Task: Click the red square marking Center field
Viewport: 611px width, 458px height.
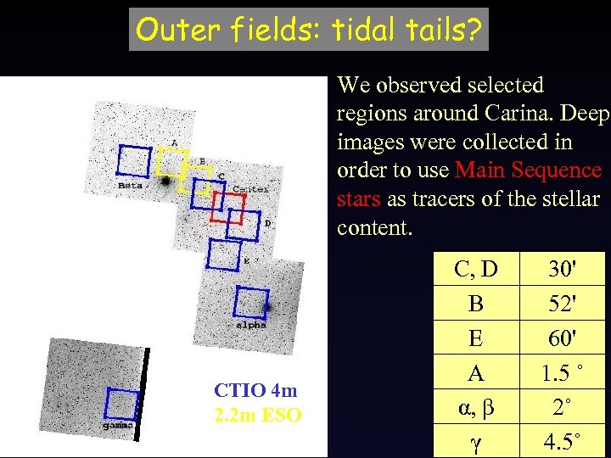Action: point(227,207)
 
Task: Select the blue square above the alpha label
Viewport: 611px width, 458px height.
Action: point(251,304)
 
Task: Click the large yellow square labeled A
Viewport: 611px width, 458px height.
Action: point(171,161)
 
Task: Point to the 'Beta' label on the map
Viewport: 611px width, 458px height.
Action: point(131,184)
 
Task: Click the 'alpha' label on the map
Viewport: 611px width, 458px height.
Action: point(251,325)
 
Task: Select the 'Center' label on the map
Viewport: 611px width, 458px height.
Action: point(250,189)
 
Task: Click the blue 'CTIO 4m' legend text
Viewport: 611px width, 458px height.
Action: point(256,391)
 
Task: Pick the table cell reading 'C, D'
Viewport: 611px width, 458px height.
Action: point(475,269)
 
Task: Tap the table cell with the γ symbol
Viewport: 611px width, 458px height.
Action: point(475,442)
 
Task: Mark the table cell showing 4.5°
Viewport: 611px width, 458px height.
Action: point(562,442)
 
